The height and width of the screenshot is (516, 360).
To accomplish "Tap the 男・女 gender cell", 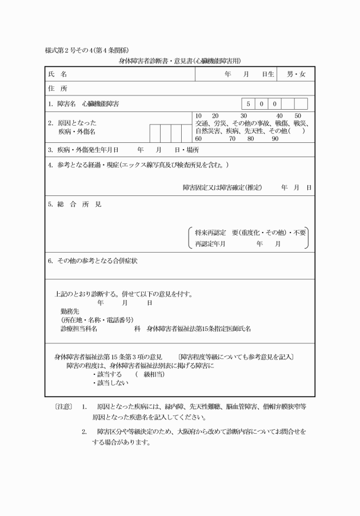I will tap(296, 74).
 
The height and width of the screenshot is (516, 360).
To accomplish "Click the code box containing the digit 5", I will tap(248, 104).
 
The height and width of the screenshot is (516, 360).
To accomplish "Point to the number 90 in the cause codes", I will tap(275, 138).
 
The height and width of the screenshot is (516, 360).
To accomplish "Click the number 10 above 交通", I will tap(198, 115).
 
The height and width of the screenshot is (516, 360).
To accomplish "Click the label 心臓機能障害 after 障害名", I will tap(101, 104).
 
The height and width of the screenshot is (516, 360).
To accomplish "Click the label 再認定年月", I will tap(210, 243).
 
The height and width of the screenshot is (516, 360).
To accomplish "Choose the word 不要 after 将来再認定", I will tap(299, 233).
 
